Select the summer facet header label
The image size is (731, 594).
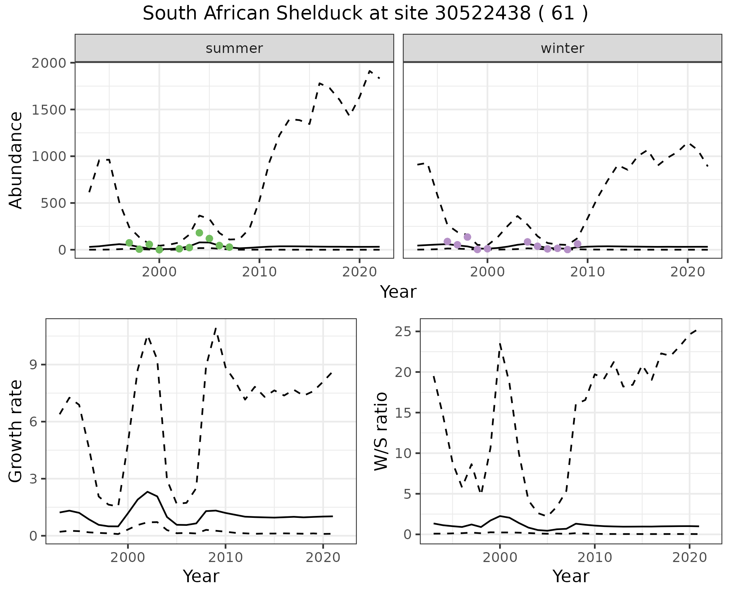pos(234,48)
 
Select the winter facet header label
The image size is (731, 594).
pos(562,48)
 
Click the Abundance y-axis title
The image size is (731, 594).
pos(16,160)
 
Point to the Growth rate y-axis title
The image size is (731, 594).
pos(16,431)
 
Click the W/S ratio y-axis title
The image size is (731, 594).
pos(381,431)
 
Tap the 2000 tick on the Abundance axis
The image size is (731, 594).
pos(48,63)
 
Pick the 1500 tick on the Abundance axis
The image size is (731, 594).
pos(48,110)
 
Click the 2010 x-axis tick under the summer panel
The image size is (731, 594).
pos(259,272)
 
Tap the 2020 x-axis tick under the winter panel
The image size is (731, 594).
pos(687,272)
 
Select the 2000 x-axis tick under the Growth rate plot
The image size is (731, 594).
pos(128,558)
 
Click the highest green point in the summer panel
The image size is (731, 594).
pos(199,233)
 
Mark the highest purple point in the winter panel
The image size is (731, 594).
pos(468,237)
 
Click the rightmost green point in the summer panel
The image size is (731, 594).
pos(229,247)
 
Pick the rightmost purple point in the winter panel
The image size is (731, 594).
pos(578,244)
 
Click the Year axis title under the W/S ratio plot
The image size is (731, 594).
pos(571,576)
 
